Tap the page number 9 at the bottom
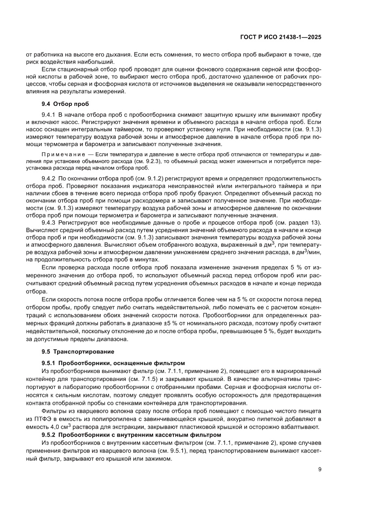tap(319, 469)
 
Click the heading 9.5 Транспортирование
tap(77, 352)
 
